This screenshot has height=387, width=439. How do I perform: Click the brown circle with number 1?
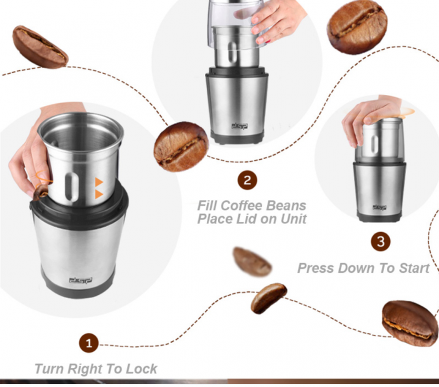[89, 343]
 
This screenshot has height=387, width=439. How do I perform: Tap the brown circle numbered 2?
[247, 181]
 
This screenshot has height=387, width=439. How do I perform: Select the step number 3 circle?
[380, 242]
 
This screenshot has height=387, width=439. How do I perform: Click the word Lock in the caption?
[141, 368]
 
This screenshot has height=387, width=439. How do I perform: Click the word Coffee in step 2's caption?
[242, 205]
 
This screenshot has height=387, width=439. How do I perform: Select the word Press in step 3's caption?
[316, 268]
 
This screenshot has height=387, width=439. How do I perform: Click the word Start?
[414, 268]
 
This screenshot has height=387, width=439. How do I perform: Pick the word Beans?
[286, 205]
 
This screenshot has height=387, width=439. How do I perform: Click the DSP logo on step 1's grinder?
[81, 281]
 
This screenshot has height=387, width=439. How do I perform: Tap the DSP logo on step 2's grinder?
[239, 126]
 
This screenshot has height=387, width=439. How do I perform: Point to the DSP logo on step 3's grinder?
[379, 207]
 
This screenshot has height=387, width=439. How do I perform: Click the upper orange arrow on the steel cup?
[99, 182]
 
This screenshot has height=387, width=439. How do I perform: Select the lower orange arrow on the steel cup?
[99, 194]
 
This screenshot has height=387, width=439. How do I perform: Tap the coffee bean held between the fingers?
[41, 192]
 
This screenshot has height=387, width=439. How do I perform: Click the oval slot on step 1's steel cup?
[71, 186]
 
